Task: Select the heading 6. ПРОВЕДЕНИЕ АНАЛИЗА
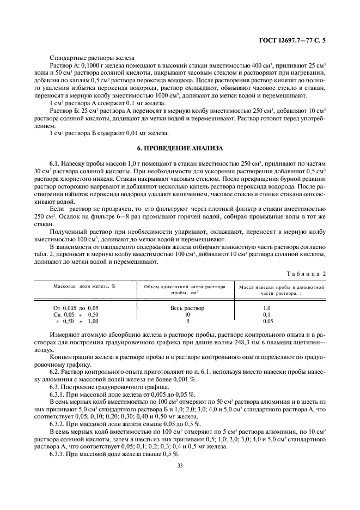[x=180, y=148]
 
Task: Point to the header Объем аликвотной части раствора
[x=187, y=287]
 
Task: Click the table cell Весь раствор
[x=187, y=308]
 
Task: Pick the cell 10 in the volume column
[x=187, y=314]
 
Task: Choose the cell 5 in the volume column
[x=187, y=321]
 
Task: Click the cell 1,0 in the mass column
[x=282, y=308]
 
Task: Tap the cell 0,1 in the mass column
[x=282, y=314]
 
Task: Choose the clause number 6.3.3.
[x=59, y=453]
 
